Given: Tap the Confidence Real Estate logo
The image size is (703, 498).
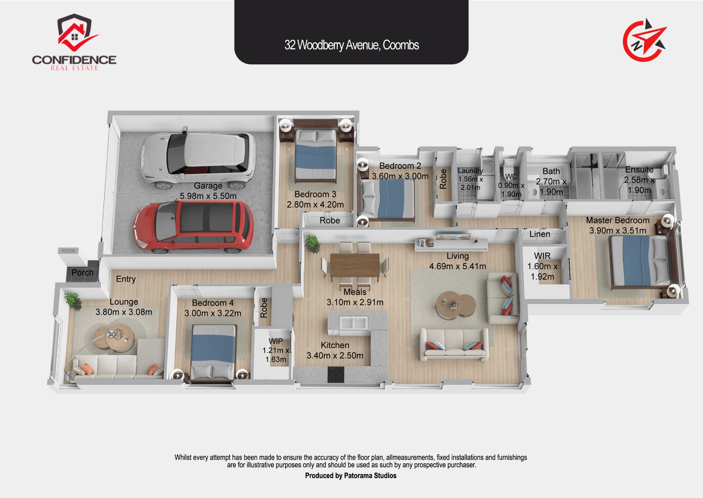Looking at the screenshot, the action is pos(74,42).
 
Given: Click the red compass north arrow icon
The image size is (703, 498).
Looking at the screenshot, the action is pos(645,40).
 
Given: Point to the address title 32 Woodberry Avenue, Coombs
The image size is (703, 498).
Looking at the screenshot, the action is pos(351,45).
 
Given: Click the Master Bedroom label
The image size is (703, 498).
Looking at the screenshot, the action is pos(618,221).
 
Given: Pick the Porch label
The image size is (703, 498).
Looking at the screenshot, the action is pos(83,273).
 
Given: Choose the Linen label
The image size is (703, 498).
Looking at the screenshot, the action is pos(540,234).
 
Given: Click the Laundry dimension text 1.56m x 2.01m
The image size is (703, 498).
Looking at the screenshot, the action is pos(470,183).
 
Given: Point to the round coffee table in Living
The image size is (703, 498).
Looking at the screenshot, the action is pos(456,305).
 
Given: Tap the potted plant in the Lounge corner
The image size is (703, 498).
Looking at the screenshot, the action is pos(73,301).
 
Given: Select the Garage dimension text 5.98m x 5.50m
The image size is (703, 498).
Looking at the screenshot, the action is pos(208,196).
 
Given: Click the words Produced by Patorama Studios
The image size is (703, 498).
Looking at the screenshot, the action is pos(351,475).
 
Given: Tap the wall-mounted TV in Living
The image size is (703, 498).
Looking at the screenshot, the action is pos(453,236).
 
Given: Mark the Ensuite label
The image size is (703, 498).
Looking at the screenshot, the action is pos(639,170).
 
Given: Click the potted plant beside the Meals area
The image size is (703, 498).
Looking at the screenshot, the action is pos(312,243).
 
